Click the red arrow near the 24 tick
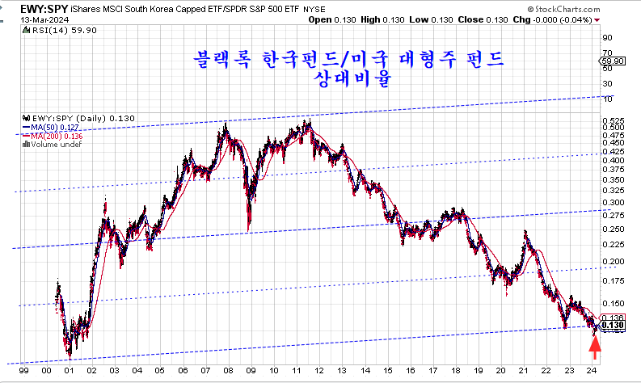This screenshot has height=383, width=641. [595, 348]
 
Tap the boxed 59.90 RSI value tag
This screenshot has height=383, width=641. [614, 61]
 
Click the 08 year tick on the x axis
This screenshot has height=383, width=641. [227, 370]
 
